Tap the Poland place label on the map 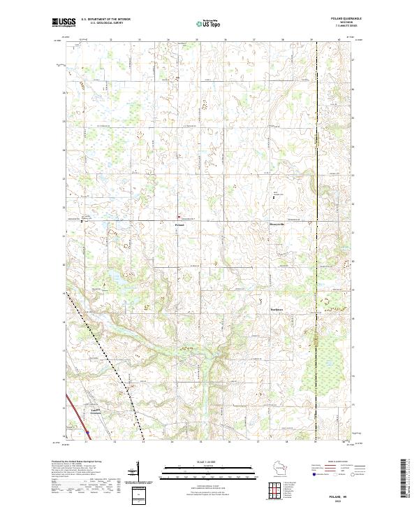[x=179, y=224]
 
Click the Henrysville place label [x=279, y=224]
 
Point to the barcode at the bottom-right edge [x=404, y=479]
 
